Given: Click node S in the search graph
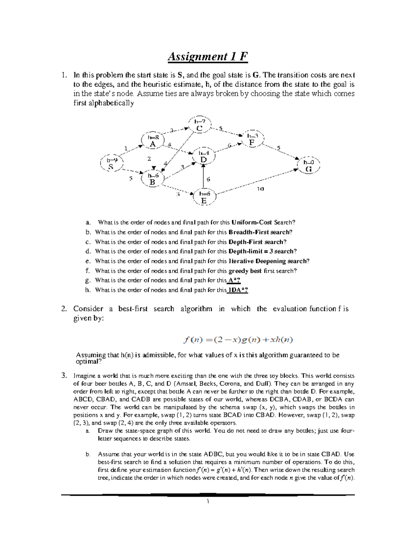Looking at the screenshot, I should [111, 163].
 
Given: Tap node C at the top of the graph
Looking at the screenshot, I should [199, 125].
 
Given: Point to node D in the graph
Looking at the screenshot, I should [203, 156].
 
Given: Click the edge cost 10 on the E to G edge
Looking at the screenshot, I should [260, 189].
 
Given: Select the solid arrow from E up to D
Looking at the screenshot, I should [203, 176].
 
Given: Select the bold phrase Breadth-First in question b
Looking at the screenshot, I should [259, 232].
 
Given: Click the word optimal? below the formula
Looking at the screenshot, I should [89, 361].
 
